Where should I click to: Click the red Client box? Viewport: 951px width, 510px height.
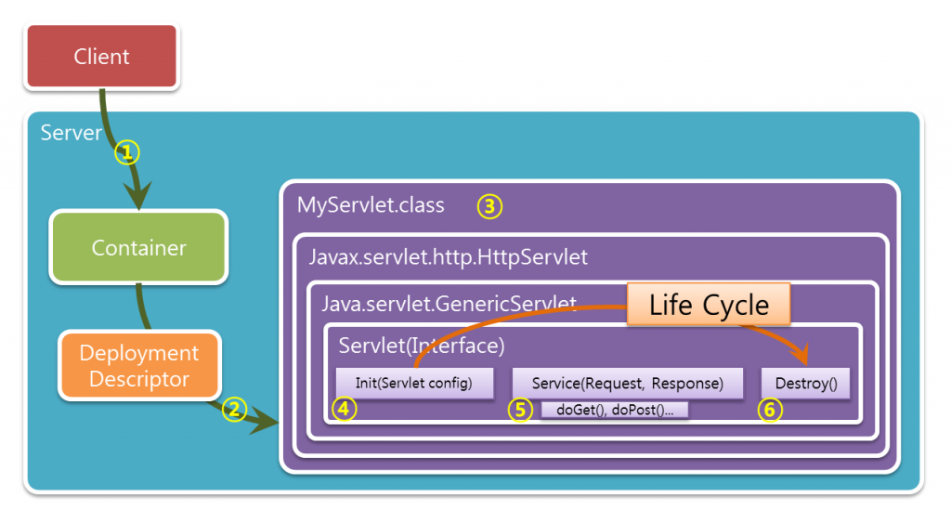pyautogui.click(x=101, y=57)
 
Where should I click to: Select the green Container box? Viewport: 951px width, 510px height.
pyautogui.click(x=138, y=248)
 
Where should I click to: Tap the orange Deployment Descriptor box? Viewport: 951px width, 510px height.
pyautogui.click(x=139, y=366)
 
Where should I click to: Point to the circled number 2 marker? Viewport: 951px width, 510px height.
pyautogui.click(x=235, y=409)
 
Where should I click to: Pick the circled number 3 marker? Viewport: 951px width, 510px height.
pyautogui.click(x=489, y=206)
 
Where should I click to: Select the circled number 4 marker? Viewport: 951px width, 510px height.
pyautogui.click(x=344, y=409)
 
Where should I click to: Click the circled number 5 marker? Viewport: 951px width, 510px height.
pyautogui.click(x=522, y=409)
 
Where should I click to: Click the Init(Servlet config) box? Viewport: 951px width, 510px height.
pyautogui.click(x=413, y=383)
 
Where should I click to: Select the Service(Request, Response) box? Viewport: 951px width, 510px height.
pyautogui.click(x=628, y=383)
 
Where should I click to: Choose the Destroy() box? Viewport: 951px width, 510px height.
pyautogui.click(x=805, y=383)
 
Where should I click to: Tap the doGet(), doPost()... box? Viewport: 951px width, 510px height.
pyautogui.click(x=614, y=410)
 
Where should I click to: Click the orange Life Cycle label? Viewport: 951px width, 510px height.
pyautogui.click(x=709, y=305)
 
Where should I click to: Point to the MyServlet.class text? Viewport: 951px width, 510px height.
pyautogui.click(x=371, y=205)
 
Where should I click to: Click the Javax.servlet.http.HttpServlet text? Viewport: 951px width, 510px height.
pyautogui.click(x=449, y=256)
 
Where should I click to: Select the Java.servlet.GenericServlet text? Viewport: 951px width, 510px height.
pyautogui.click(x=449, y=303)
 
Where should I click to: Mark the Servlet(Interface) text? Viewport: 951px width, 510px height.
pyautogui.click(x=422, y=346)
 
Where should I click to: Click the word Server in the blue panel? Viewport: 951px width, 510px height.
pyautogui.click(x=71, y=133)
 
